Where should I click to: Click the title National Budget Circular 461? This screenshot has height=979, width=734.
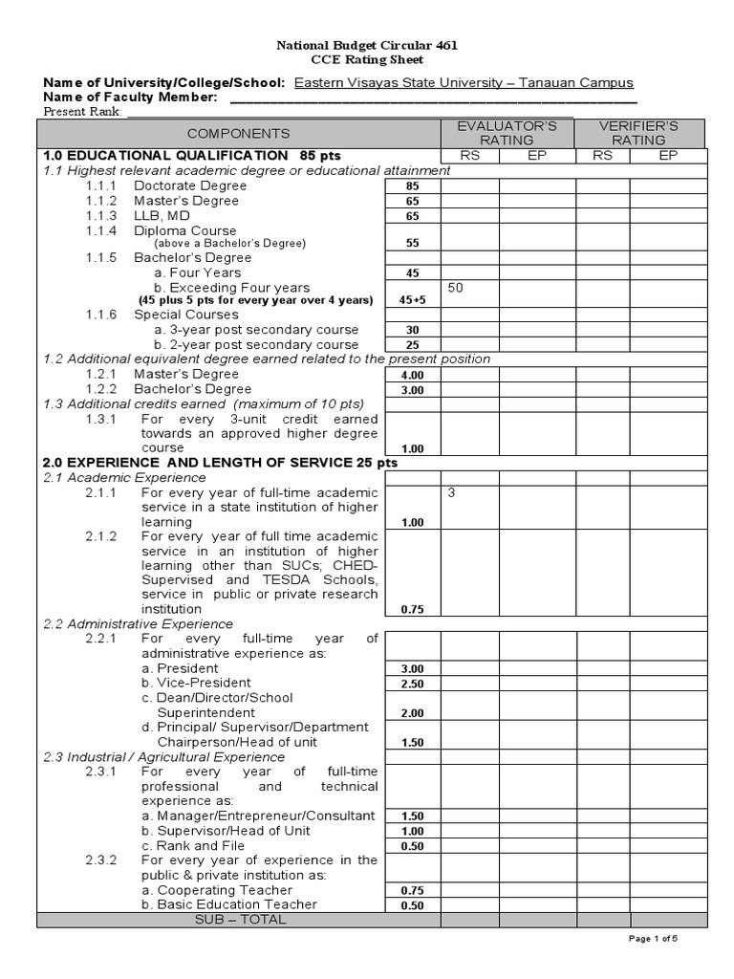click(367, 45)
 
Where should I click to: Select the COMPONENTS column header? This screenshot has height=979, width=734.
click(238, 133)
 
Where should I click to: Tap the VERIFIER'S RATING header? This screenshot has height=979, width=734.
click(638, 133)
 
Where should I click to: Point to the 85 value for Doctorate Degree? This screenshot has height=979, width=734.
click(412, 186)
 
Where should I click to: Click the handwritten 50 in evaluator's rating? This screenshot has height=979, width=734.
click(455, 287)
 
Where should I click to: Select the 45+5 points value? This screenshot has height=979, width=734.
click(412, 299)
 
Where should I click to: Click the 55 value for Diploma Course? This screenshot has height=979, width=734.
click(412, 243)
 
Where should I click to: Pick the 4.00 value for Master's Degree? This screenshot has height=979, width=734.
click(412, 375)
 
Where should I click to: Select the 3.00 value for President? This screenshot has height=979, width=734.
click(412, 669)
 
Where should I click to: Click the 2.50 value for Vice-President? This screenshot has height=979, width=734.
click(412, 685)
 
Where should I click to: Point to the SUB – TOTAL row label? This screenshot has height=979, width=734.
click(239, 920)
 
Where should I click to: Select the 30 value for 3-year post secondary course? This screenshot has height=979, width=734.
click(412, 330)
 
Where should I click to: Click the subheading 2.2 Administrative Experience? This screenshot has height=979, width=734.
click(138, 623)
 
